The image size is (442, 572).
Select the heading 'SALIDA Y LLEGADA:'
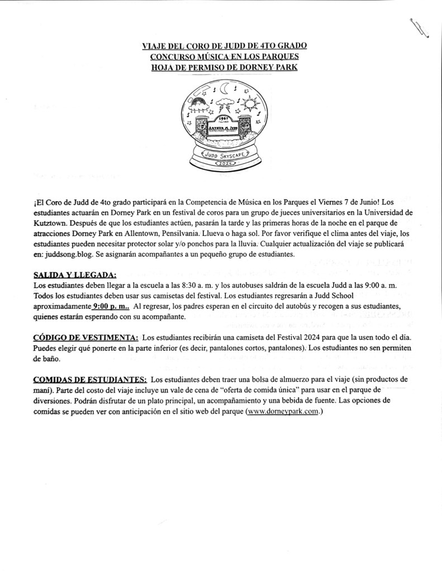pyautogui.click(x=75, y=275)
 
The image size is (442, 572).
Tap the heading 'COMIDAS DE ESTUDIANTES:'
pyautogui.click(x=90, y=379)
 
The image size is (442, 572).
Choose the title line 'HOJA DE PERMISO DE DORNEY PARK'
pyautogui.click(x=225, y=68)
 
